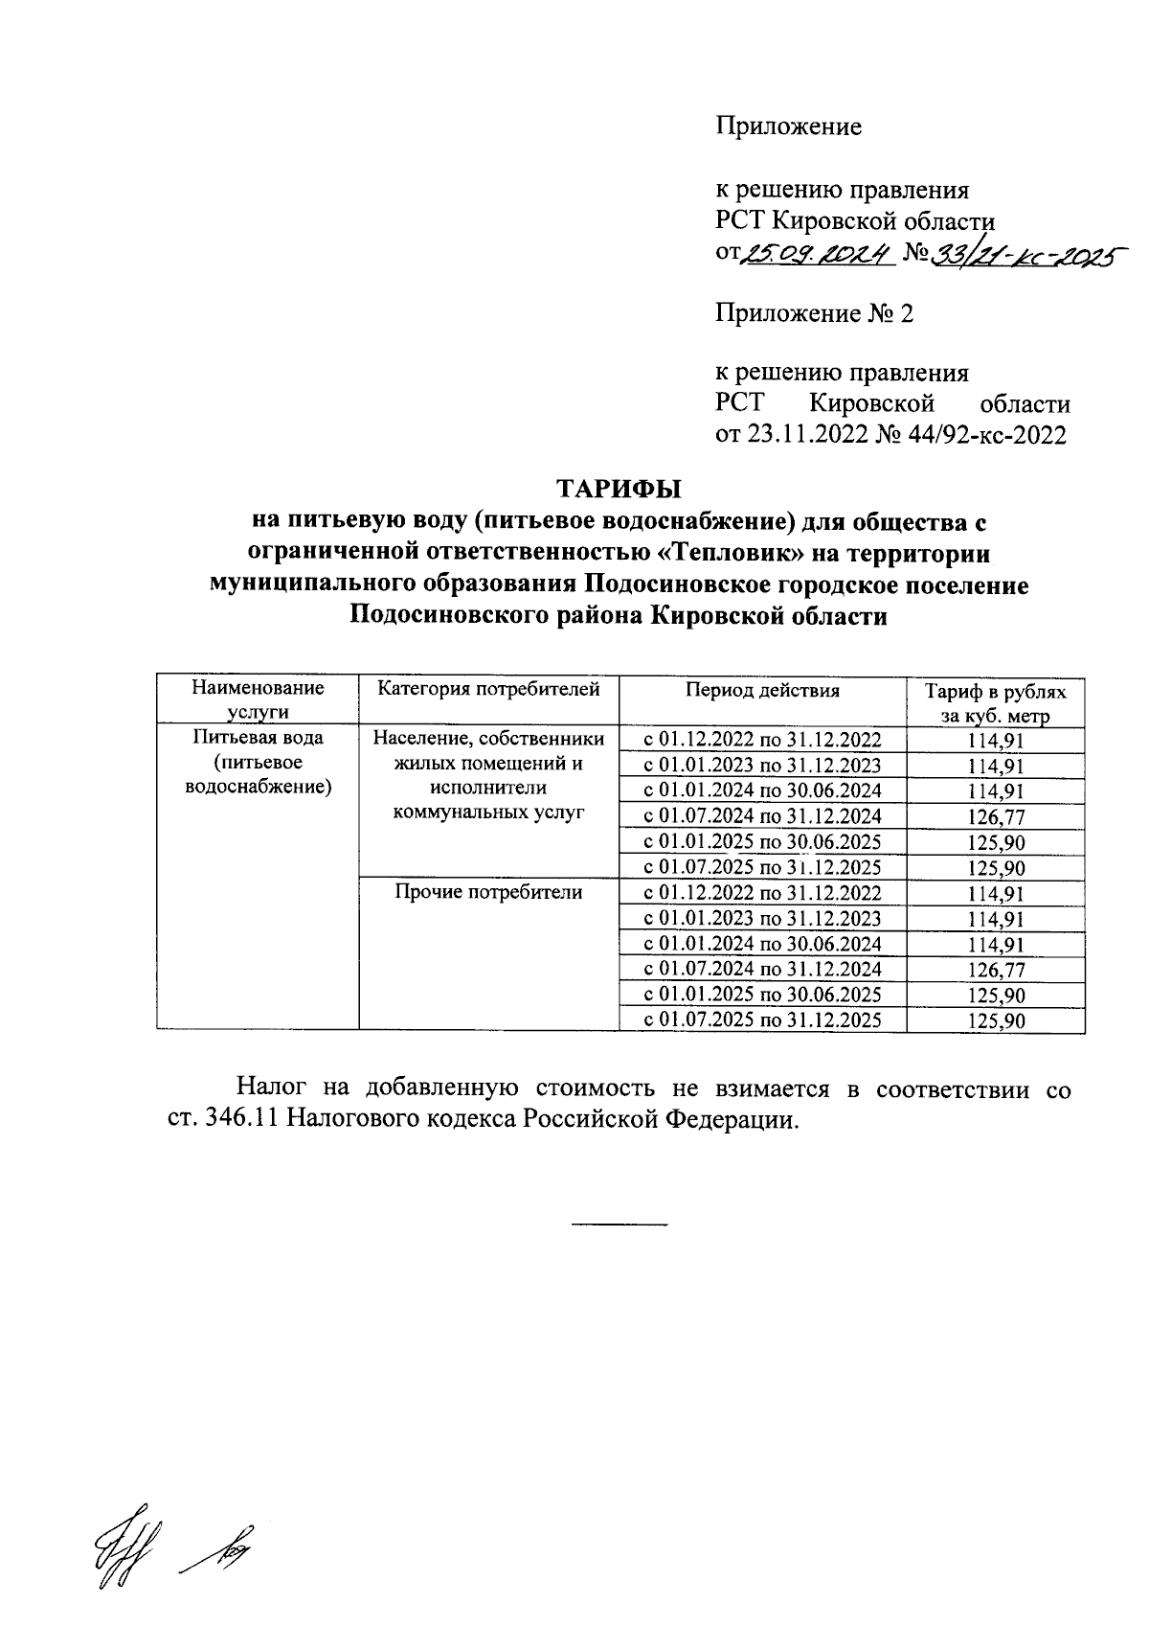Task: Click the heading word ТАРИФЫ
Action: click(x=620, y=489)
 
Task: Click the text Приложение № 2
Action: click(x=814, y=313)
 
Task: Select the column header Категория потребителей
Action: click(x=488, y=688)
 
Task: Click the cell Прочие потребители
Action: click(x=488, y=892)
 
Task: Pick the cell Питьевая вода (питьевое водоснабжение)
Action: click(x=258, y=763)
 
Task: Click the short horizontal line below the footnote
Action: click(x=620, y=1225)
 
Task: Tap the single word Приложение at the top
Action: click(x=789, y=126)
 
